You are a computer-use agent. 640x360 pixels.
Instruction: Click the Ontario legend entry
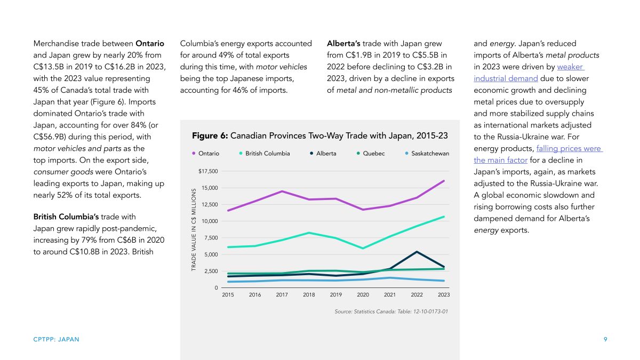click(x=206, y=154)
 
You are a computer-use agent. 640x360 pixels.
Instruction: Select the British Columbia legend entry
click(x=265, y=154)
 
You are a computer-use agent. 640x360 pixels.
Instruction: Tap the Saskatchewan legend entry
click(x=427, y=154)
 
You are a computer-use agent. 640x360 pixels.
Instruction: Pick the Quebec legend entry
click(x=371, y=154)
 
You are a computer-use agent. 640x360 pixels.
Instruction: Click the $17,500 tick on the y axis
click(x=208, y=171)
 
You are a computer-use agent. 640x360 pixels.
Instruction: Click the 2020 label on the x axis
click(x=363, y=294)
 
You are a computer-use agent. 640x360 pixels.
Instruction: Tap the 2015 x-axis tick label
click(x=228, y=294)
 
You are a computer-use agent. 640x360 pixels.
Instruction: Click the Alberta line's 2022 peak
click(x=417, y=252)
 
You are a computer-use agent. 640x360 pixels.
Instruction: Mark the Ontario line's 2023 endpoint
click(x=444, y=181)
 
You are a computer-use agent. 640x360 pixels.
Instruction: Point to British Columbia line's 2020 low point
click(x=363, y=249)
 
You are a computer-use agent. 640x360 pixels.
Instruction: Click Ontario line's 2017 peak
click(x=282, y=191)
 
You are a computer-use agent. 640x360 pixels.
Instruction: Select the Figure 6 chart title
click(x=319, y=135)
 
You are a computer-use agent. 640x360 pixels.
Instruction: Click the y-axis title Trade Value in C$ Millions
click(x=194, y=229)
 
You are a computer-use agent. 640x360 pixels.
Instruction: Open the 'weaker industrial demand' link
click(x=529, y=73)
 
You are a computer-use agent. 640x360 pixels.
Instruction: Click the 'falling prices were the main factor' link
click(x=538, y=154)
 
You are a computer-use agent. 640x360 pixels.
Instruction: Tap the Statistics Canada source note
click(x=391, y=311)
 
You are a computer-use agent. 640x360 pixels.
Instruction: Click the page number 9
click(x=605, y=339)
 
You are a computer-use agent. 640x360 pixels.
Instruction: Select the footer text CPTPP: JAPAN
click(x=57, y=339)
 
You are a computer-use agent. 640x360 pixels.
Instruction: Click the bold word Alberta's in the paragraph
click(x=343, y=43)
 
